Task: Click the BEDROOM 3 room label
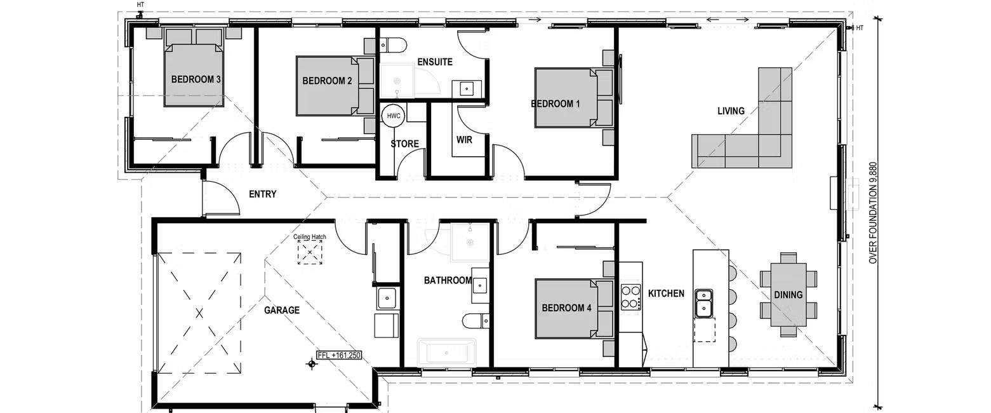pyautogui.click(x=196, y=80)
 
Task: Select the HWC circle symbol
pyautogui.click(x=394, y=116)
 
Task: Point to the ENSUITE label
pyautogui.click(x=435, y=62)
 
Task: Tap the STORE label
pyautogui.click(x=404, y=144)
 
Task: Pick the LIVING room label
pyautogui.click(x=731, y=111)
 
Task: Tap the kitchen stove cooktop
pyautogui.click(x=630, y=297)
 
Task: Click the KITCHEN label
pyautogui.click(x=666, y=294)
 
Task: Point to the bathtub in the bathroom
pyautogui.click(x=446, y=351)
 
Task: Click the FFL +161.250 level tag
pyautogui.click(x=339, y=356)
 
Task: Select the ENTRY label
pyautogui.click(x=262, y=194)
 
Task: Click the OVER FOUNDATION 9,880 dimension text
pyautogui.click(x=872, y=213)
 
